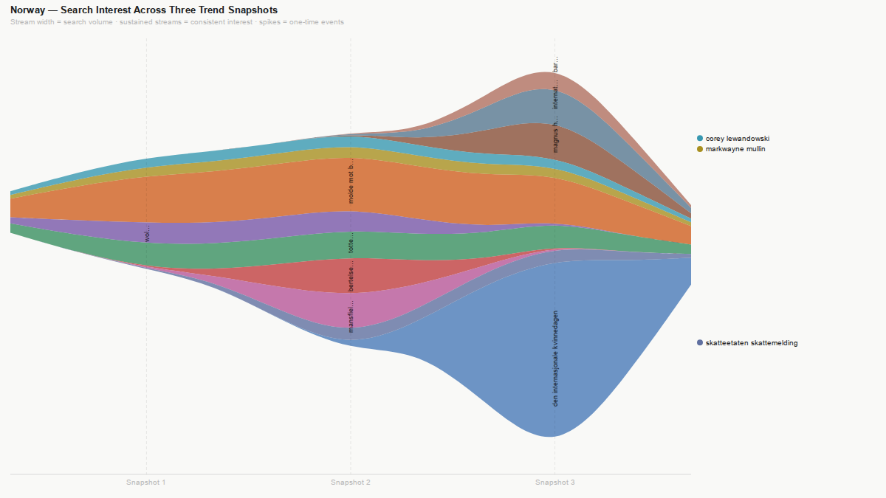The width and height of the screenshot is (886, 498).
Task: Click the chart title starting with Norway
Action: [x=144, y=10]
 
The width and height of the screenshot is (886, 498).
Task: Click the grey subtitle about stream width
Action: [x=177, y=22]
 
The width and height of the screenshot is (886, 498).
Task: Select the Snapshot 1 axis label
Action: [x=146, y=483]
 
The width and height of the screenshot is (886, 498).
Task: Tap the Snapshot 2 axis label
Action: [x=351, y=483]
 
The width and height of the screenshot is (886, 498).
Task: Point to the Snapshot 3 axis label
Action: [x=555, y=483]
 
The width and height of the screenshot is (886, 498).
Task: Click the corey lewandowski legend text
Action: [x=738, y=139]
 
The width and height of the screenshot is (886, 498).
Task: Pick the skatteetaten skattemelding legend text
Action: [x=751, y=343]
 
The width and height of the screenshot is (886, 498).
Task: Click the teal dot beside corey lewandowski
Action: [x=700, y=139]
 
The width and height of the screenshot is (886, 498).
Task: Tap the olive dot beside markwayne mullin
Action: [x=700, y=149]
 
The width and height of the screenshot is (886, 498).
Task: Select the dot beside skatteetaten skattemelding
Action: [x=700, y=343]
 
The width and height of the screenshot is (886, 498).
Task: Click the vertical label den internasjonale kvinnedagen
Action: [x=556, y=359]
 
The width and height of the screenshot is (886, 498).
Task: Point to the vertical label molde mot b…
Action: [x=351, y=181]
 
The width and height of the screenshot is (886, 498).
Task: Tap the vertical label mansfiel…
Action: [x=351, y=318]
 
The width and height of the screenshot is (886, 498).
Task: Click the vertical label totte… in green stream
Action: [x=351, y=245]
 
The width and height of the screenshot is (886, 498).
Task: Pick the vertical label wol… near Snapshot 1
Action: [x=147, y=233]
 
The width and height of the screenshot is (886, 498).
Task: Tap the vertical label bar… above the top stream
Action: [x=556, y=64]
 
